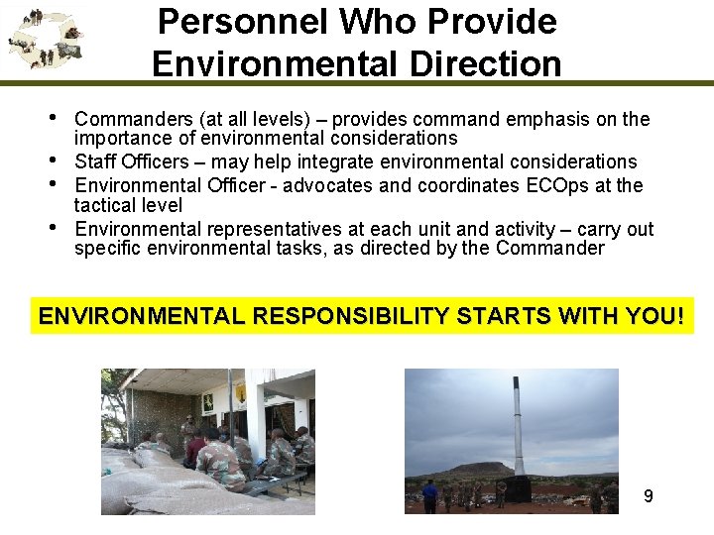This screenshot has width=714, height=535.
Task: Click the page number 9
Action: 649,495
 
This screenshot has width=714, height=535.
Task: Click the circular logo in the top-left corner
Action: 45,40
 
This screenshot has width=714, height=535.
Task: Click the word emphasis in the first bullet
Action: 548,120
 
